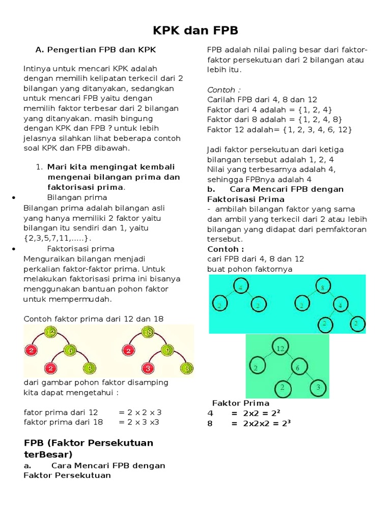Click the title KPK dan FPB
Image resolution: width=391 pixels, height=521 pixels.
[196, 31]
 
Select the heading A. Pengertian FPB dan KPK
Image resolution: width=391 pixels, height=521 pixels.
[95, 50]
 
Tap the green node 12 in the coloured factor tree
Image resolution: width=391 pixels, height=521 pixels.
[50, 333]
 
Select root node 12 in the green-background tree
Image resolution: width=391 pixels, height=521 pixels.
[280, 349]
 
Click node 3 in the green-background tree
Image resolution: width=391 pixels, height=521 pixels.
[317, 388]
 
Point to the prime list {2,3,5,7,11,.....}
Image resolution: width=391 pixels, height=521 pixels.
[59, 238]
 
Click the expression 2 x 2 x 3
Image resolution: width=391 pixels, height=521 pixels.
[140, 412]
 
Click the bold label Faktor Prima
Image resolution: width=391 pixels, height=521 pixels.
[240, 403]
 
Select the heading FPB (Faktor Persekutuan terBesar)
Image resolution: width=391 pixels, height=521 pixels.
[89, 448]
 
